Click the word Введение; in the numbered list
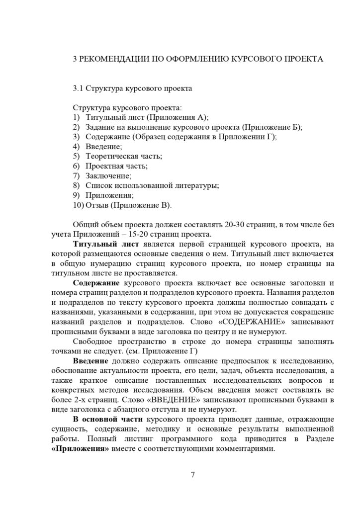point(104,147)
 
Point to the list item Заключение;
point(108,175)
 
